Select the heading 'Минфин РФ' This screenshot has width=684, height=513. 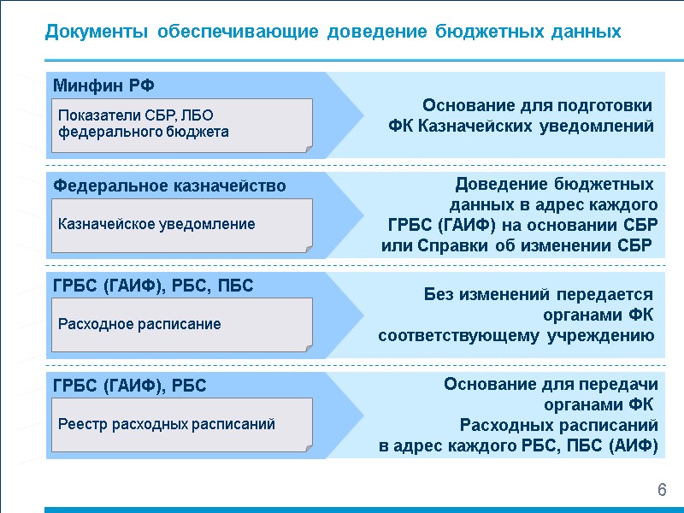point(103,85)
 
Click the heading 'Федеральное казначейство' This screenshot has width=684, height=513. point(169,186)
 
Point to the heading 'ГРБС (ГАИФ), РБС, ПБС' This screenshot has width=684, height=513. point(153,286)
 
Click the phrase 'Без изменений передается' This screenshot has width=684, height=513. point(539,295)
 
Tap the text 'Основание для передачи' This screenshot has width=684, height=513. point(550,385)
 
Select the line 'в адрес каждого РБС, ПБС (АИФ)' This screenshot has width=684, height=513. point(518,446)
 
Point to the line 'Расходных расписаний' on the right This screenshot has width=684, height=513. point(558,425)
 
